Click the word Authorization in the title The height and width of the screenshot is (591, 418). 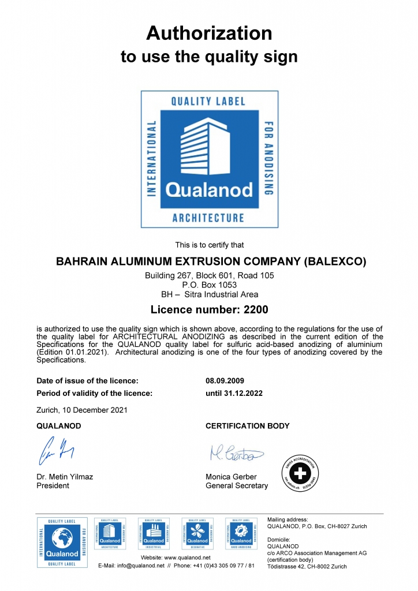(x=209, y=33)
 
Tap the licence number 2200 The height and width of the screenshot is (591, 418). (x=256, y=310)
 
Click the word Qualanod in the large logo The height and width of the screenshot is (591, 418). (x=209, y=190)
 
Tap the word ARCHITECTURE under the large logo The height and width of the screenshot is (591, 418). (x=208, y=218)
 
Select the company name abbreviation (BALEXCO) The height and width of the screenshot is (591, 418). (x=335, y=261)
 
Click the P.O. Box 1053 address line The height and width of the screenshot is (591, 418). (x=209, y=285)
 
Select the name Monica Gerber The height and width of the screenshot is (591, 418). (x=231, y=477)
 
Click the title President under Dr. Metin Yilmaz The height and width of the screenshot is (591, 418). (x=53, y=485)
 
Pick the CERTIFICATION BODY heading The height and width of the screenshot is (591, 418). (x=248, y=426)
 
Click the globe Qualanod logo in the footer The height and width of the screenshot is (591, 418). (x=62, y=542)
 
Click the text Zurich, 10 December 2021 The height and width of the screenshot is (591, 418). (x=82, y=410)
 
